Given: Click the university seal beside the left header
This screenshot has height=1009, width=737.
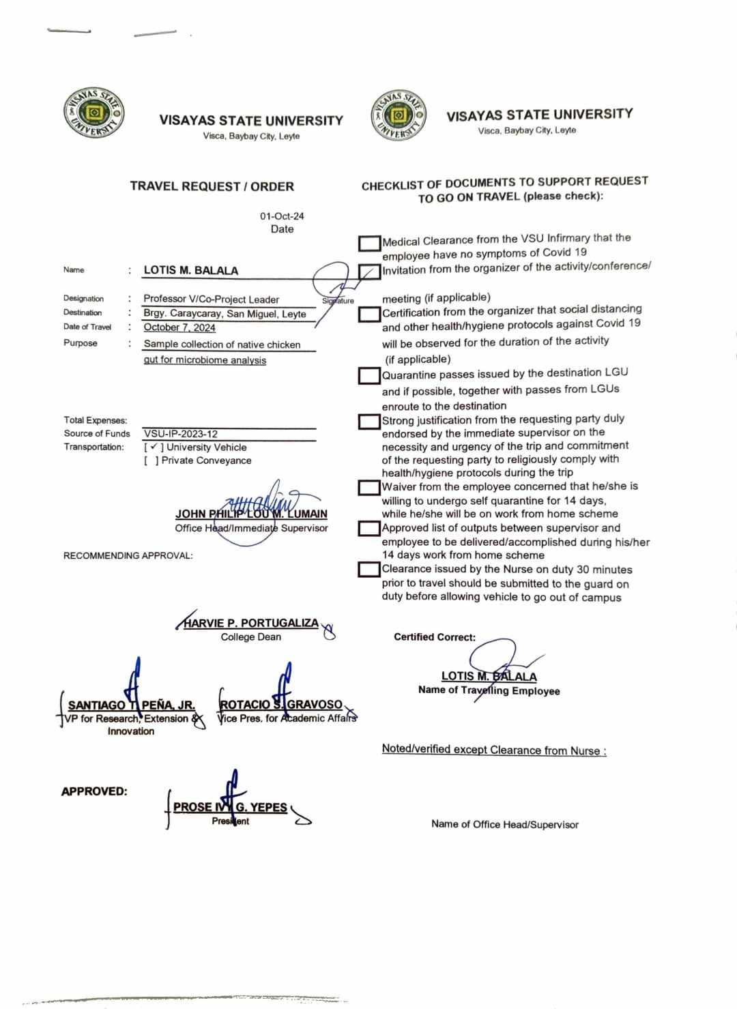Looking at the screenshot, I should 94,113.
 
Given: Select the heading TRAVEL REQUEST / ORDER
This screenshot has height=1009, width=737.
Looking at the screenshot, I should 212,186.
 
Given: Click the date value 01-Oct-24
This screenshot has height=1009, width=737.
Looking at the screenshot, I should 282,216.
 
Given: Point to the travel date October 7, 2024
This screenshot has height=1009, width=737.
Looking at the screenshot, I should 179,327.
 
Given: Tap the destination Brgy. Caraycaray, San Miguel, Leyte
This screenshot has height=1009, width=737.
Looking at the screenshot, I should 225,313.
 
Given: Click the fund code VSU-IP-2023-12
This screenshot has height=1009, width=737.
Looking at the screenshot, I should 181,434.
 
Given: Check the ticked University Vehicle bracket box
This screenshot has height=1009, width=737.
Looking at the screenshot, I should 154,448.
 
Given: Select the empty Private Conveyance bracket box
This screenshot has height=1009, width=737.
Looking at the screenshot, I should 151,460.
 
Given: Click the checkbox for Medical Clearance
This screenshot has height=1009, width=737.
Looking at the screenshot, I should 369,244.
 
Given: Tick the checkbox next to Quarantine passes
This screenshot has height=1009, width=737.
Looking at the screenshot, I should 369,375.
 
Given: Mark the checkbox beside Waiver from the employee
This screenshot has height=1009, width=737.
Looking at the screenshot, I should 369,488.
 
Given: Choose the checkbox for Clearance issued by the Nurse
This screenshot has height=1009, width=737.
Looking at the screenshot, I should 369,569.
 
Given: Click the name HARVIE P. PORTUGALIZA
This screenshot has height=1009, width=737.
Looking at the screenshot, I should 251,623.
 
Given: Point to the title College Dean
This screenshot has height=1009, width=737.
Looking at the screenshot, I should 250,637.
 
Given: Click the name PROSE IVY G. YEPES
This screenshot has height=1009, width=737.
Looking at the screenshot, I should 230,807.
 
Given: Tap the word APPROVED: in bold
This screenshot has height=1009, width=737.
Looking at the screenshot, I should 94,791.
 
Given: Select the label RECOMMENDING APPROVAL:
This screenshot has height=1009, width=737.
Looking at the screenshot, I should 128,556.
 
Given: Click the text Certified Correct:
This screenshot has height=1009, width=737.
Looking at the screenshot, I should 435,637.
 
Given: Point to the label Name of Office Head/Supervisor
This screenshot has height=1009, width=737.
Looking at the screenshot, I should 504,824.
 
